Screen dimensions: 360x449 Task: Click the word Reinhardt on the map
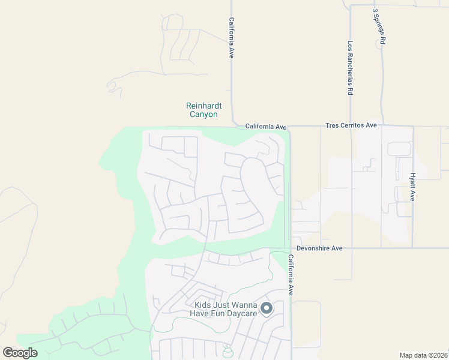(204, 106)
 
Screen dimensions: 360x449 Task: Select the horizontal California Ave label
(266, 127)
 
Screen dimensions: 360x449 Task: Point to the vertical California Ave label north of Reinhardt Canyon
(231, 37)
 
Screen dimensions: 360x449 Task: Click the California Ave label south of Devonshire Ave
(291, 275)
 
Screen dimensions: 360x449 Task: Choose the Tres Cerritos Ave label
(351, 125)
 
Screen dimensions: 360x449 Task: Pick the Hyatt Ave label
(413, 187)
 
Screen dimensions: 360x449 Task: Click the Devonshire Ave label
(319, 248)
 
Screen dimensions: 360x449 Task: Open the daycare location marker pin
(267, 308)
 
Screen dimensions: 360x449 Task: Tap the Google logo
(20, 353)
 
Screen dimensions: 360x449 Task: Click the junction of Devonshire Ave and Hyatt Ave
(413, 247)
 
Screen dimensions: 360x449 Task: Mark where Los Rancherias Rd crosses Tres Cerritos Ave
(351, 126)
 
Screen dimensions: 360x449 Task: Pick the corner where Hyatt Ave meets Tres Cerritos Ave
(413, 127)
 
